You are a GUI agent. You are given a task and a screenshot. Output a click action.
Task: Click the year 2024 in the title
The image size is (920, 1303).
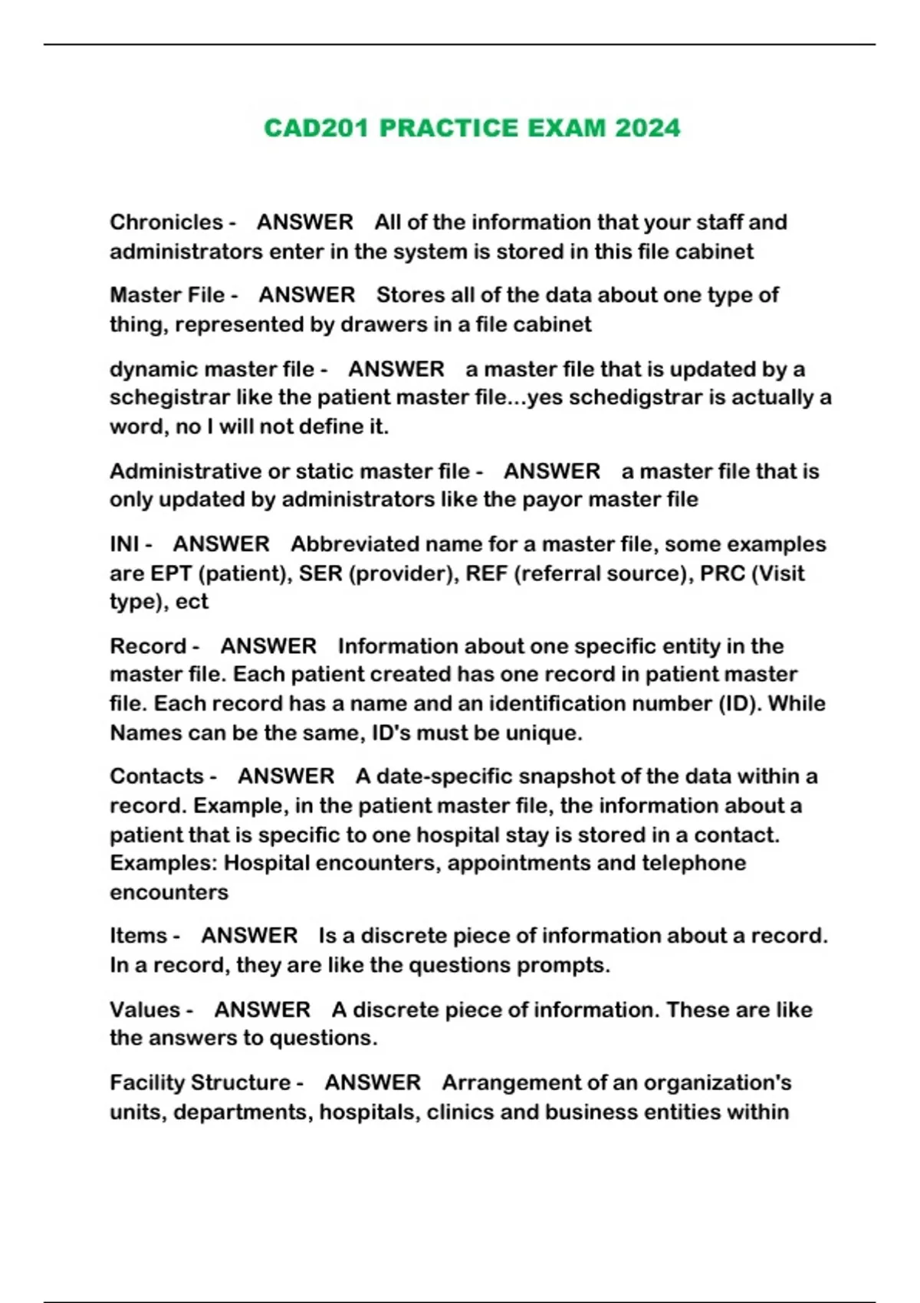(647, 128)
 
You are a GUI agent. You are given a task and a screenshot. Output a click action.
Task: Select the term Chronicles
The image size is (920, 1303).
(166, 222)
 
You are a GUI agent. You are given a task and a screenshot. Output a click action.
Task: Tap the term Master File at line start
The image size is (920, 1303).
(167, 295)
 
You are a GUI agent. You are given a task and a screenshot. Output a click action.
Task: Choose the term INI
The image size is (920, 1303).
(124, 544)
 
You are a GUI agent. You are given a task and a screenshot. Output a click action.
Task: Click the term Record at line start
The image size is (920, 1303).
(147, 646)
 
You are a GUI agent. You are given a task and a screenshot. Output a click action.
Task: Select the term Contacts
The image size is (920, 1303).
(157, 776)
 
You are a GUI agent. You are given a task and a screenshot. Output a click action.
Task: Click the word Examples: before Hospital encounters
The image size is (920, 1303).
(163, 863)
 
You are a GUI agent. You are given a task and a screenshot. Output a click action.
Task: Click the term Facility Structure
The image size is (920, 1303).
(200, 1083)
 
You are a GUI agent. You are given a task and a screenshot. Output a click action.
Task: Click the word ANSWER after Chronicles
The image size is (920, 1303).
(304, 222)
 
